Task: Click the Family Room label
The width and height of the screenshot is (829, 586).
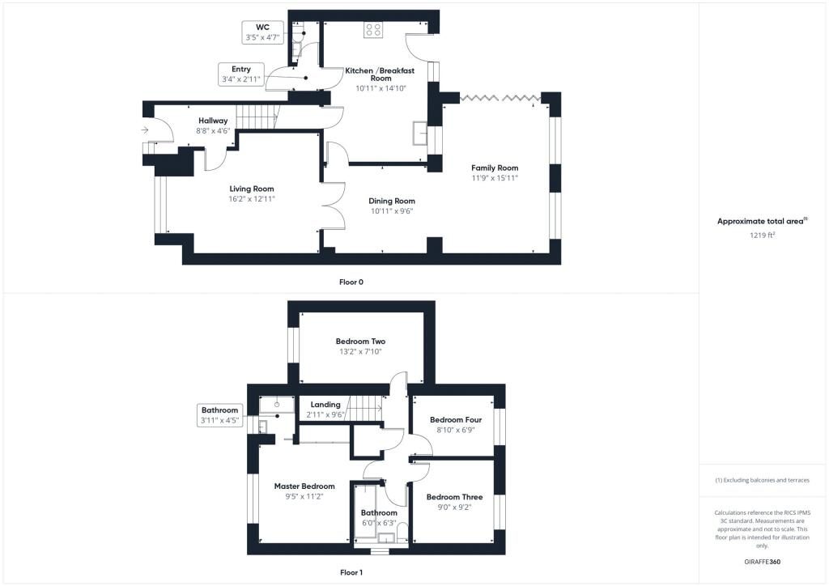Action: (x=495, y=168)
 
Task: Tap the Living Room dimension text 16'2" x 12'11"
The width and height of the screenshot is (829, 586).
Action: (x=252, y=199)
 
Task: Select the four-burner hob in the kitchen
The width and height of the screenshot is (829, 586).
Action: (x=373, y=30)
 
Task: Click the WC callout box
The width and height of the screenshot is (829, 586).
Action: (x=263, y=32)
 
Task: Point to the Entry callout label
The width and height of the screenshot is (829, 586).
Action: (x=241, y=70)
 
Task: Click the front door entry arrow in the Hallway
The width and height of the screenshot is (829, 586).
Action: (x=145, y=130)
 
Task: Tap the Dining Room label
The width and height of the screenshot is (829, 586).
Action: (x=392, y=201)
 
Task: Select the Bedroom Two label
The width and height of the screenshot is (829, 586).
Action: (x=360, y=342)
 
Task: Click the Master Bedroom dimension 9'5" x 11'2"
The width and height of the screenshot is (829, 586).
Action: (x=304, y=497)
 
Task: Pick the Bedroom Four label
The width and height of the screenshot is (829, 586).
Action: (x=456, y=420)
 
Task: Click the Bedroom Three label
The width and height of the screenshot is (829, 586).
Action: (x=455, y=497)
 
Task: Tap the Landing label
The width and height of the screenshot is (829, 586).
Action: (x=325, y=405)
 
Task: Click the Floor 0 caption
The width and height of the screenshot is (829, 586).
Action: (x=351, y=282)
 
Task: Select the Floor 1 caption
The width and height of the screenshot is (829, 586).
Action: (x=351, y=572)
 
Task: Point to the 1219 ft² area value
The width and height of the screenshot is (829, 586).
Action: (x=762, y=236)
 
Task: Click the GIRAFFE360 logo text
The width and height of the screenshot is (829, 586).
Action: (x=762, y=562)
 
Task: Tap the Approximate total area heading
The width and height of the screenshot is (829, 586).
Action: (x=762, y=222)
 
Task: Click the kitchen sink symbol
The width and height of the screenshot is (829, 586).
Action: (x=420, y=133)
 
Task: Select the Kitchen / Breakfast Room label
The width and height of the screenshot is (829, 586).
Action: (x=380, y=74)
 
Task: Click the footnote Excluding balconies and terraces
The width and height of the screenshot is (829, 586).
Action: (x=762, y=480)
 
